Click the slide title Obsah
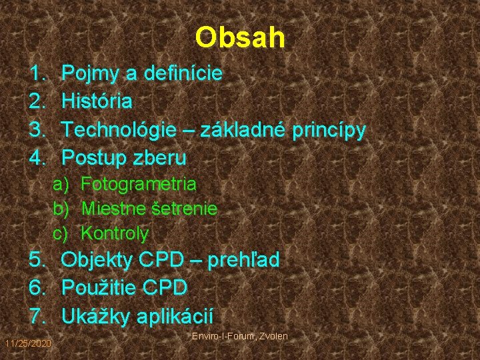tap(240, 38)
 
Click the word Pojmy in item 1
tap(88, 74)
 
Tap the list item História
tap(97, 102)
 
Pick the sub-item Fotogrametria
tap(139, 183)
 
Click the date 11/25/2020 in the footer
tap(27, 343)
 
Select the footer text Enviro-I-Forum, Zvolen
tap(239, 336)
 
